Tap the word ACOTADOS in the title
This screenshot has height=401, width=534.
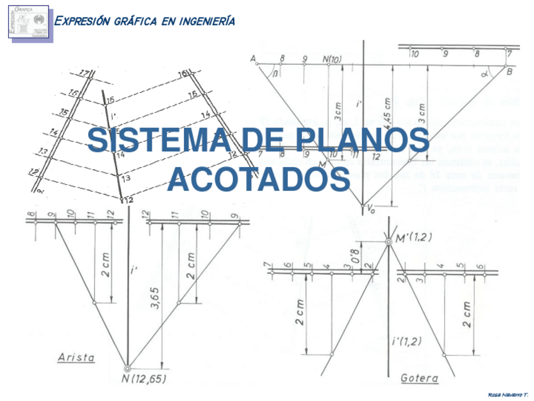259,179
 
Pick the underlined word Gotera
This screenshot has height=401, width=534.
419,378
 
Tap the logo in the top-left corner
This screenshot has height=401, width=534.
29,21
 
